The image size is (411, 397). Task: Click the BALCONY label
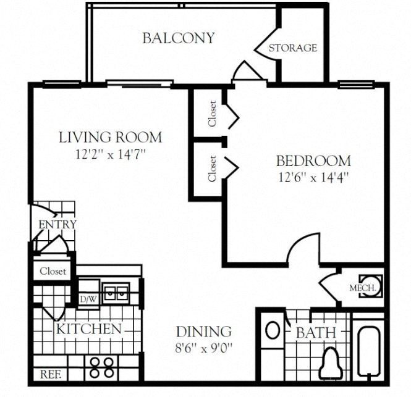coord(178,38)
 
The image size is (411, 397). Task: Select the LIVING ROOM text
coord(110,137)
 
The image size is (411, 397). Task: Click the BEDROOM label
coord(313,162)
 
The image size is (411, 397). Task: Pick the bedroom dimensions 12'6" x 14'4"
coord(313,180)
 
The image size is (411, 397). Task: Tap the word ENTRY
coord(57,224)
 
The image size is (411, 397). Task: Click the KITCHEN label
coord(88,328)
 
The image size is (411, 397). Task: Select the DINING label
coord(203,332)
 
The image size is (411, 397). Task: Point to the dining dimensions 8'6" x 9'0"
coord(203,348)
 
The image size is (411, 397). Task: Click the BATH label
coord(316,333)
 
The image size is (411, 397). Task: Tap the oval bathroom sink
coord(272,329)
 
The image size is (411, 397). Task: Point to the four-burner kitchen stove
coord(101,368)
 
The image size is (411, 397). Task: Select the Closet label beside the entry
coord(53,271)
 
